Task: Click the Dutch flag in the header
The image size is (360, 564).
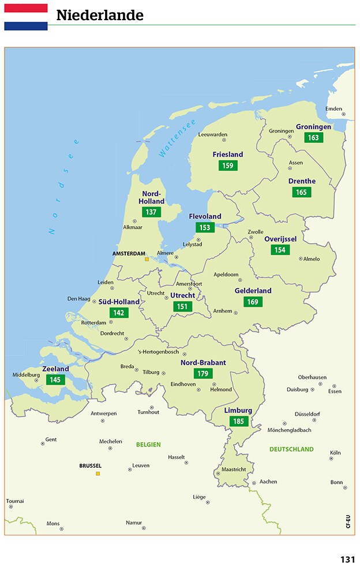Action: [x=26, y=17]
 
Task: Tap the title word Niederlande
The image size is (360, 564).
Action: [x=100, y=16]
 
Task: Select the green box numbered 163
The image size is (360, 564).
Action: [x=314, y=137]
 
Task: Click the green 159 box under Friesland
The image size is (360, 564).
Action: [x=228, y=166]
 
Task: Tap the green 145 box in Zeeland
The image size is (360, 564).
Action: [x=55, y=379]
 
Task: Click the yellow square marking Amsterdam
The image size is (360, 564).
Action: [x=147, y=260]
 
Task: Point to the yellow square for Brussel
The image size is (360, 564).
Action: [x=97, y=473]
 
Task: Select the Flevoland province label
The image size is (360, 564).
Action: [x=205, y=216]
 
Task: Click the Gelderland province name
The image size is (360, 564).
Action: [x=253, y=291]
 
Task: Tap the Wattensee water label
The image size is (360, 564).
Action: [x=177, y=138]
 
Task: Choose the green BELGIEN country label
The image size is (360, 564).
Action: [x=148, y=445]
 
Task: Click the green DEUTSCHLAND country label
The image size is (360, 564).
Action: [x=291, y=449]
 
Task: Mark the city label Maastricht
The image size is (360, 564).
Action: [x=234, y=469]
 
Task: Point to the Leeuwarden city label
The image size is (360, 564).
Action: [x=212, y=134]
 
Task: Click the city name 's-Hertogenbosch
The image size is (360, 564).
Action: [x=158, y=352]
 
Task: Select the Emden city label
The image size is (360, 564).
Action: [x=333, y=108]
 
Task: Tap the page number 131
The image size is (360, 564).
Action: [x=347, y=559]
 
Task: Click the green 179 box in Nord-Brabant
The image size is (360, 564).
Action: [x=203, y=373]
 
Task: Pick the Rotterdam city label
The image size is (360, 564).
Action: [x=93, y=322]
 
